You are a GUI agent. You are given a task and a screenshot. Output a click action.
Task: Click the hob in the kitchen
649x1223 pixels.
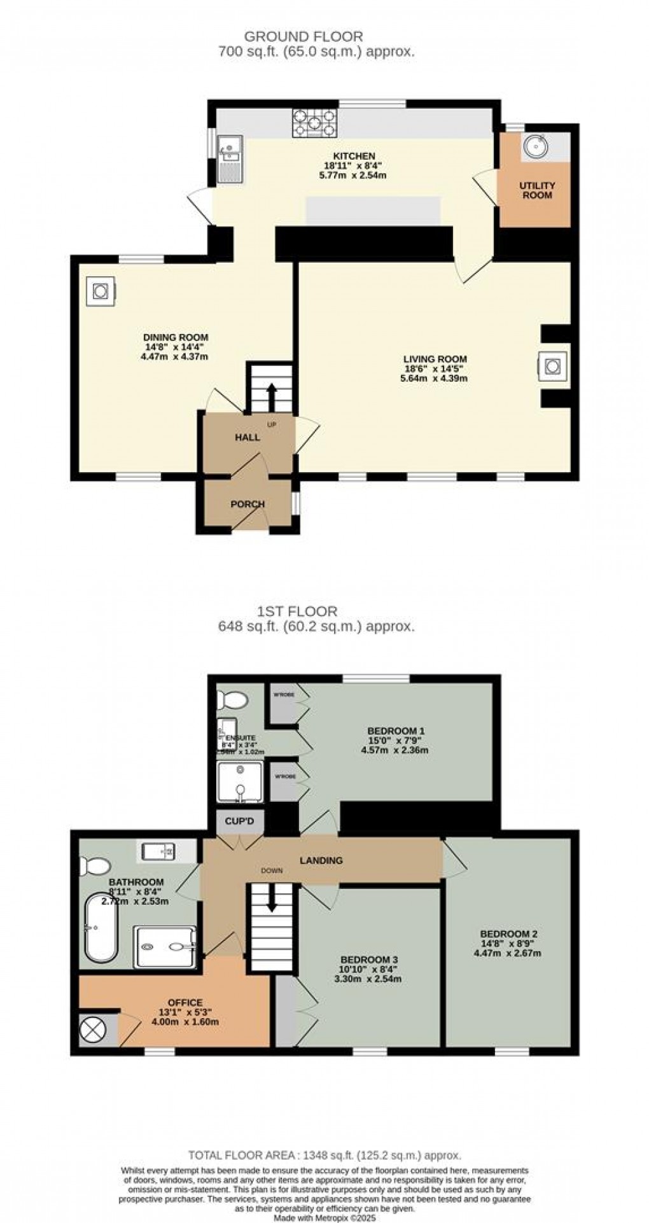314,123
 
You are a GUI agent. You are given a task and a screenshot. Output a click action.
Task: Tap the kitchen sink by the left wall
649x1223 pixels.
228,158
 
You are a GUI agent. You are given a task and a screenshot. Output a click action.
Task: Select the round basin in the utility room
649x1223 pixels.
536,147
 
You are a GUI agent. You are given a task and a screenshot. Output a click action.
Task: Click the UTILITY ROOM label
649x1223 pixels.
537,190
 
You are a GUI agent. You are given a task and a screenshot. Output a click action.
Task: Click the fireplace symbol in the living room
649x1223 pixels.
551,366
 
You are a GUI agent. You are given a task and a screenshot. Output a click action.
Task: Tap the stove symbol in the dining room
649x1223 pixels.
101,291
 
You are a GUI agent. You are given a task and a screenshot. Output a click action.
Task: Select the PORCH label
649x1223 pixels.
248,504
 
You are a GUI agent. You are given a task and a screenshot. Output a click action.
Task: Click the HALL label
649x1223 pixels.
248,437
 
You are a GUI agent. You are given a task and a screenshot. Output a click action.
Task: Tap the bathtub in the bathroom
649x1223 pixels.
101,927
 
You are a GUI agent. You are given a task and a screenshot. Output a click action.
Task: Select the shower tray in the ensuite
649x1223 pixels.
239,781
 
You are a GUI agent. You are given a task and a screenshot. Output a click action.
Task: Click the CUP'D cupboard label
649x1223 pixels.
240,822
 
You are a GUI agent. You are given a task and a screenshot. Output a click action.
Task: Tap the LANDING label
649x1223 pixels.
321,860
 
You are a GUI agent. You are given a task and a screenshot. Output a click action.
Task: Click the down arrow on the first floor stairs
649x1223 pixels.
272,898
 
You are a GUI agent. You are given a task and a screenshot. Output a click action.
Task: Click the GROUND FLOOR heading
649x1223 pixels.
304,37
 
